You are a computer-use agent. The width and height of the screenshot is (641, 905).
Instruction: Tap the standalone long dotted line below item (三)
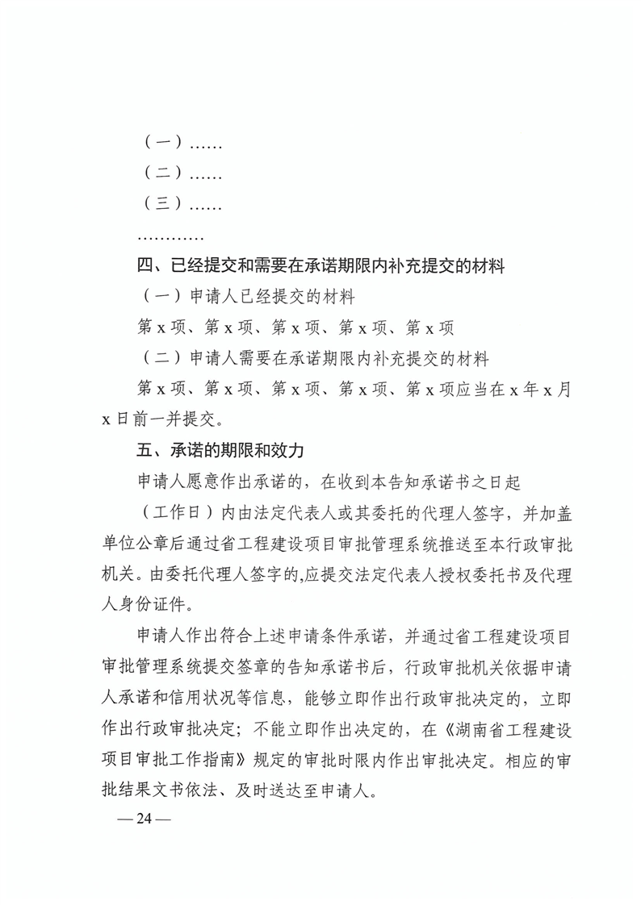pos(170,237)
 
